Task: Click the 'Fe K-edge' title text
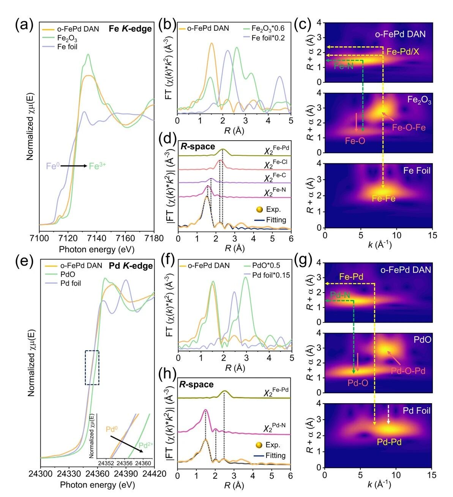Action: [x=130, y=29]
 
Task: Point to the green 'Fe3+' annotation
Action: [x=97, y=166]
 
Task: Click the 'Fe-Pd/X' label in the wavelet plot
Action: [x=403, y=52]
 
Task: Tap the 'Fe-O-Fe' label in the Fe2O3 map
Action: [x=409, y=127]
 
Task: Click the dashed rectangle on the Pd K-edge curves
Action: [x=92, y=367]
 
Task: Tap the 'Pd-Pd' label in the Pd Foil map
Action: [x=389, y=442]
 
